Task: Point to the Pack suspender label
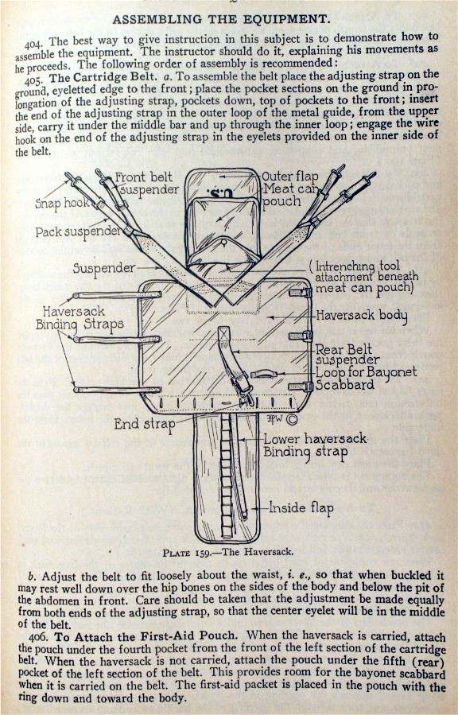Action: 77,233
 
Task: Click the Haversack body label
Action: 362,317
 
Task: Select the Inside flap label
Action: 301,507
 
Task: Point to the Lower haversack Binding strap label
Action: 305,445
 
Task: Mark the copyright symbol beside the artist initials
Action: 293,415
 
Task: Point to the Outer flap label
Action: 292,177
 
